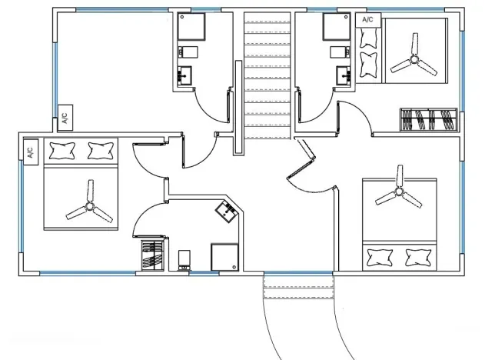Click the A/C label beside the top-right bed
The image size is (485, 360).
tap(367, 20)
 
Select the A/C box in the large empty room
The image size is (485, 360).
tap(65, 118)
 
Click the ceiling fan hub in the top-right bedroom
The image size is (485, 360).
tap(414, 58)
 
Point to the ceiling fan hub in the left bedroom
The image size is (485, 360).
tap(89, 205)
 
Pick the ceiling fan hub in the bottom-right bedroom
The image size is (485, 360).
tap(399, 191)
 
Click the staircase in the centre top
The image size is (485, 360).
tap(267, 76)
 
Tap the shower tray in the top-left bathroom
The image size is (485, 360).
tap(191, 27)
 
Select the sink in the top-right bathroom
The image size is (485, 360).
tap(344, 75)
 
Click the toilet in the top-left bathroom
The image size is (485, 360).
tap(188, 52)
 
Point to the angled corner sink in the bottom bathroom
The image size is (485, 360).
tap(227, 211)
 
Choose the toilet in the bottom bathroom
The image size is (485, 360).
tap(184, 260)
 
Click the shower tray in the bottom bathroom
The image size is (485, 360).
tap(225, 257)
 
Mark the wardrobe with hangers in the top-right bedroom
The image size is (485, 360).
tap(429, 119)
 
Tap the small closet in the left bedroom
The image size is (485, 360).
tap(152, 255)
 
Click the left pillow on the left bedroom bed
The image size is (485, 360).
tap(63, 151)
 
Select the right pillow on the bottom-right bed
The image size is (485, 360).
tap(418, 258)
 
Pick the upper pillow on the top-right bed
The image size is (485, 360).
tap(369, 38)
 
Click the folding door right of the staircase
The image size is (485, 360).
tap(301, 159)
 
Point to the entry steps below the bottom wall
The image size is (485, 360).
tap(298, 287)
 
